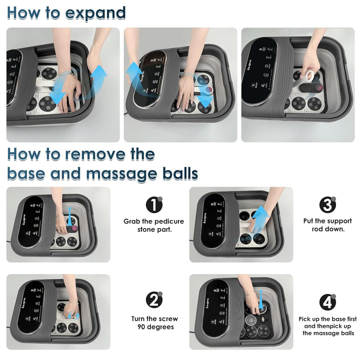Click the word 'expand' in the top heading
pyautogui.click(x=92, y=13)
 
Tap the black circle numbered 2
pyautogui.click(x=154, y=300)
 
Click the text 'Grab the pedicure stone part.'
pyautogui.click(x=154, y=225)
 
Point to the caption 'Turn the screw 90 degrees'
pyautogui.click(x=154, y=323)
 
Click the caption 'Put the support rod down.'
pyautogui.click(x=327, y=225)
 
